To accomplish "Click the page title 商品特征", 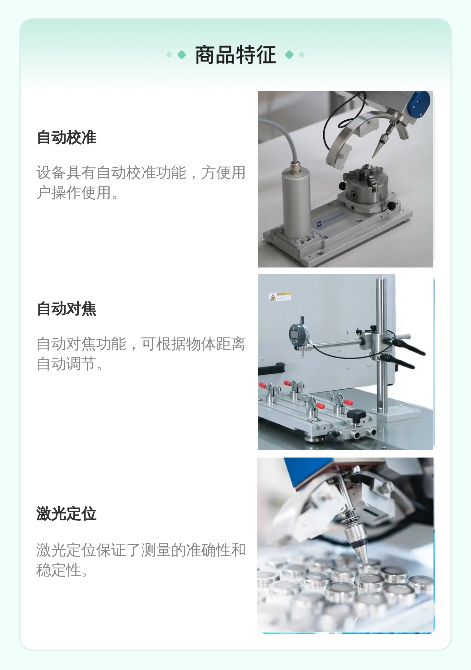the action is point(235,55).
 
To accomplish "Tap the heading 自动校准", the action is point(67,137).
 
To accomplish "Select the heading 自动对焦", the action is point(67,309).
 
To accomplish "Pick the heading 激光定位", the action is point(67,514).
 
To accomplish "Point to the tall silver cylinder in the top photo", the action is point(296,203).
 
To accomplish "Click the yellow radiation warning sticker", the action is point(280,296).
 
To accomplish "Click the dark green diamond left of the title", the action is point(182,55).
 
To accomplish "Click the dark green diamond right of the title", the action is point(289,55).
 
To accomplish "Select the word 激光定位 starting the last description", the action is point(66,550).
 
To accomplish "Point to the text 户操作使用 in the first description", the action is point(74,192).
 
